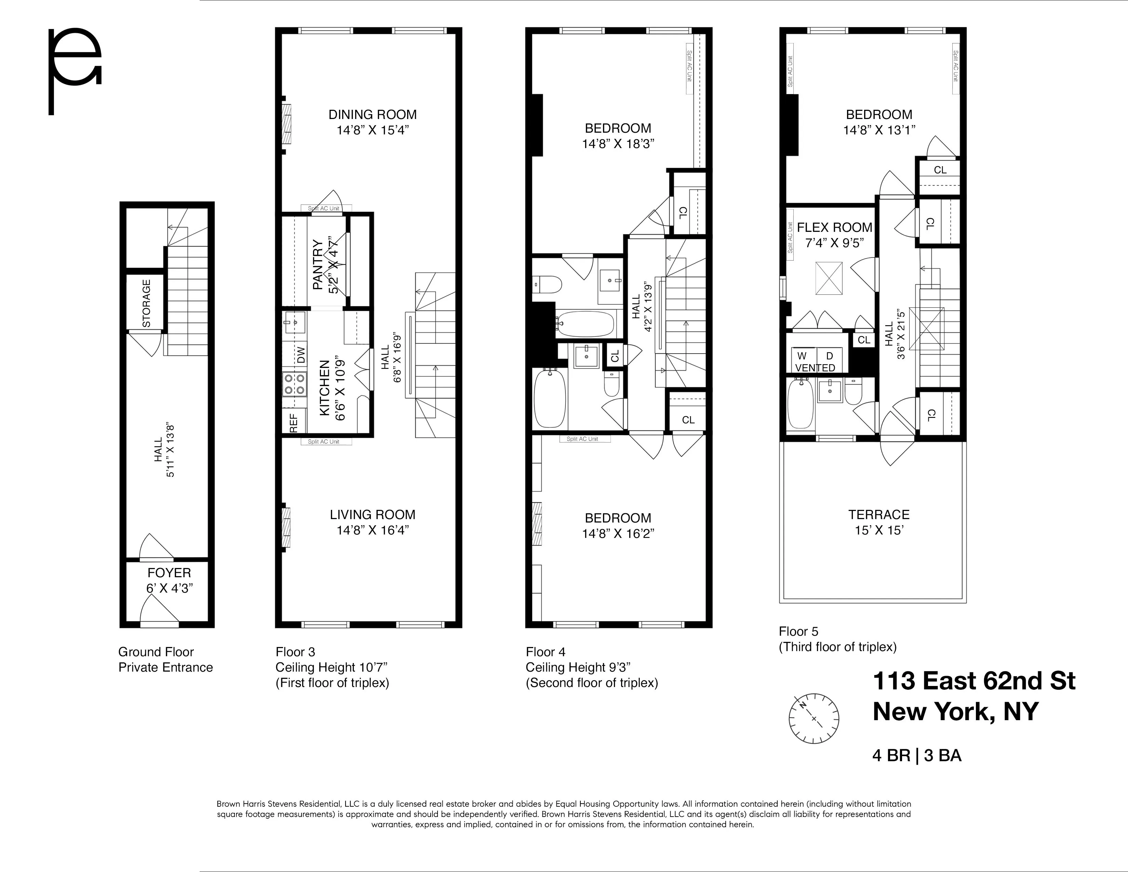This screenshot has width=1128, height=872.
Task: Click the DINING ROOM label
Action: tap(372, 114)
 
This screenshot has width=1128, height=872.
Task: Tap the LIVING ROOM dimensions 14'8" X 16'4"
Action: tap(372, 530)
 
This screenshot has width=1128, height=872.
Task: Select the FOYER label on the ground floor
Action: tap(169, 572)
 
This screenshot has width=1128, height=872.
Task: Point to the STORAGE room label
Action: tap(146, 303)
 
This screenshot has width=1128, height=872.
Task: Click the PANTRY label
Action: tap(317, 264)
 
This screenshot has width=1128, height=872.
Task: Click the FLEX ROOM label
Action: tap(834, 227)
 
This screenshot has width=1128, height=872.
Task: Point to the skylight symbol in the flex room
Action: tap(829, 278)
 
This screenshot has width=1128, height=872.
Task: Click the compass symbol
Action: tap(814, 718)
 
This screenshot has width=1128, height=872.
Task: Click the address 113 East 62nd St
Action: tap(973, 681)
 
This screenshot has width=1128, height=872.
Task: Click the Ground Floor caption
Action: tap(156, 652)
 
